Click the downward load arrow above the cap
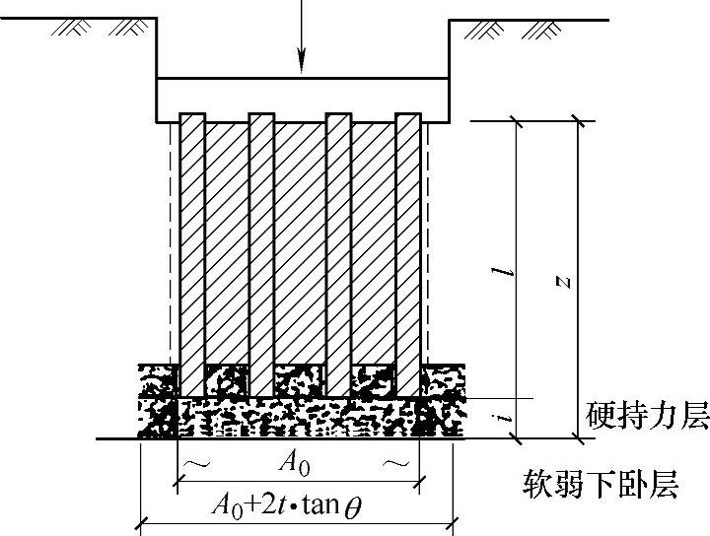(x=303, y=39)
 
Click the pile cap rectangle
(x=303, y=99)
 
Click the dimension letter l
(x=504, y=266)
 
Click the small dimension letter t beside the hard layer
(x=504, y=419)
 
